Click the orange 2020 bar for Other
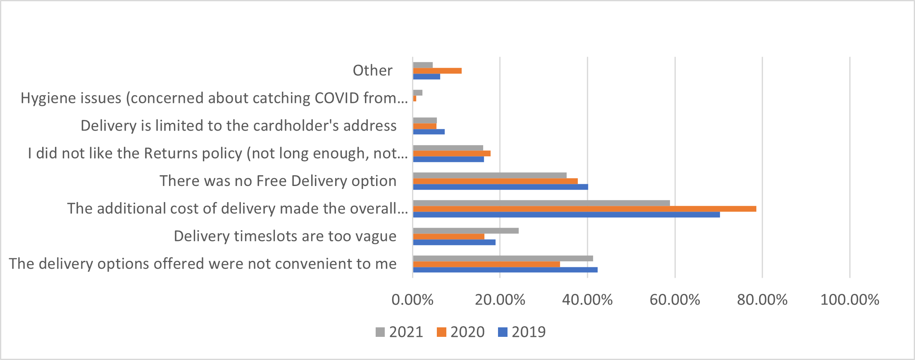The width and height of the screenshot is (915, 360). [x=437, y=71]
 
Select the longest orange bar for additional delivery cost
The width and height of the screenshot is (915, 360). [x=584, y=209]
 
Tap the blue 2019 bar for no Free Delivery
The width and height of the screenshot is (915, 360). [x=500, y=187]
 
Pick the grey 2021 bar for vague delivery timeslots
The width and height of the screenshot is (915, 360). [x=466, y=231]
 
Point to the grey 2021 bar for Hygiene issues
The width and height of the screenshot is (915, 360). [x=417, y=93]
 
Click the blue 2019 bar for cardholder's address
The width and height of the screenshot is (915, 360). [x=429, y=132]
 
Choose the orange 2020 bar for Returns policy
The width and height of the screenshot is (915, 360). [x=452, y=153]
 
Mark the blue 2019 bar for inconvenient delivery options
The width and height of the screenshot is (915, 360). [x=505, y=270]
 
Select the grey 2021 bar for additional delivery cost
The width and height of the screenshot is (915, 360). [x=541, y=203]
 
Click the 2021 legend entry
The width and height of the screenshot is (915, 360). [x=400, y=332]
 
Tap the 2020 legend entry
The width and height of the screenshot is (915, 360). [x=461, y=332]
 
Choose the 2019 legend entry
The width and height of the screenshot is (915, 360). [x=522, y=332]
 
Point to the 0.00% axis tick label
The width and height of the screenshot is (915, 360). [x=412, y=300]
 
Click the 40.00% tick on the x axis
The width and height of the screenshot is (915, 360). [x=587, y=300]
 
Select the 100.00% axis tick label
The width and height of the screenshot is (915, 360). [x=850, y=300]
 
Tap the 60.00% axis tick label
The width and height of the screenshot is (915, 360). [x=675, y=300]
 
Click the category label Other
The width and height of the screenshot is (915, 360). [x=372, y=71]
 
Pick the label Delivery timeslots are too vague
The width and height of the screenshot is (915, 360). [x=285, y=236]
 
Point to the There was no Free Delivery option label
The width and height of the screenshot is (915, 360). [x=278, y=181]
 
